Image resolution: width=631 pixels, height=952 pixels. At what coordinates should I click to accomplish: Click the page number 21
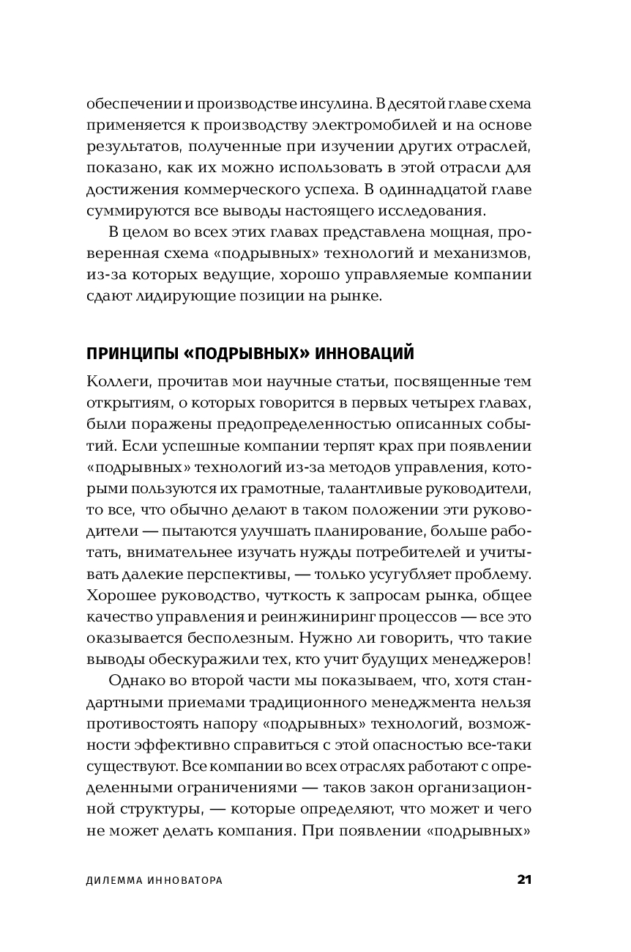523,879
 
